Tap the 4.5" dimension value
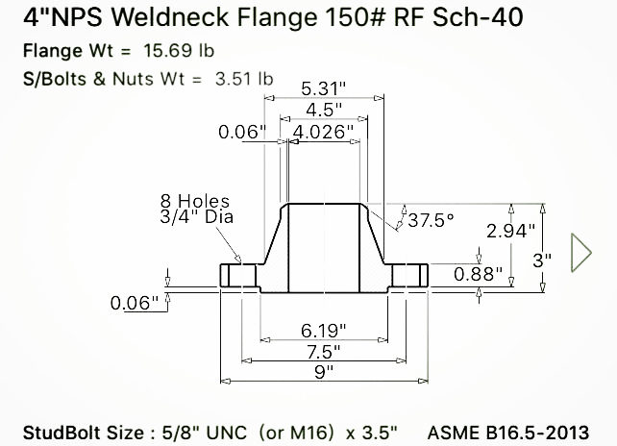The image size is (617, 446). [x=323, y=109]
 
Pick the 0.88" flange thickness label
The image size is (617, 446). [x=477, y=273]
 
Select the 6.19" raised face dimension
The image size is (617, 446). [x=324, y=329]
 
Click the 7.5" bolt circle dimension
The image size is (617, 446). [x=324, y=349]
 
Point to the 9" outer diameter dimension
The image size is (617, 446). [x=324, y=370]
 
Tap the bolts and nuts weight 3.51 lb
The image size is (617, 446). [x=241, y=80]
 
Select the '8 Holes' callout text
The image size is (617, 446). [x=195, y=201]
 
